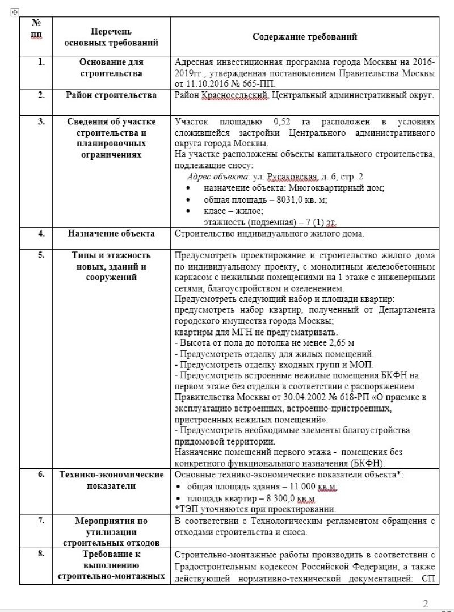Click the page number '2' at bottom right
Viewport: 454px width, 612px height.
click(x=426, y=603)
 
